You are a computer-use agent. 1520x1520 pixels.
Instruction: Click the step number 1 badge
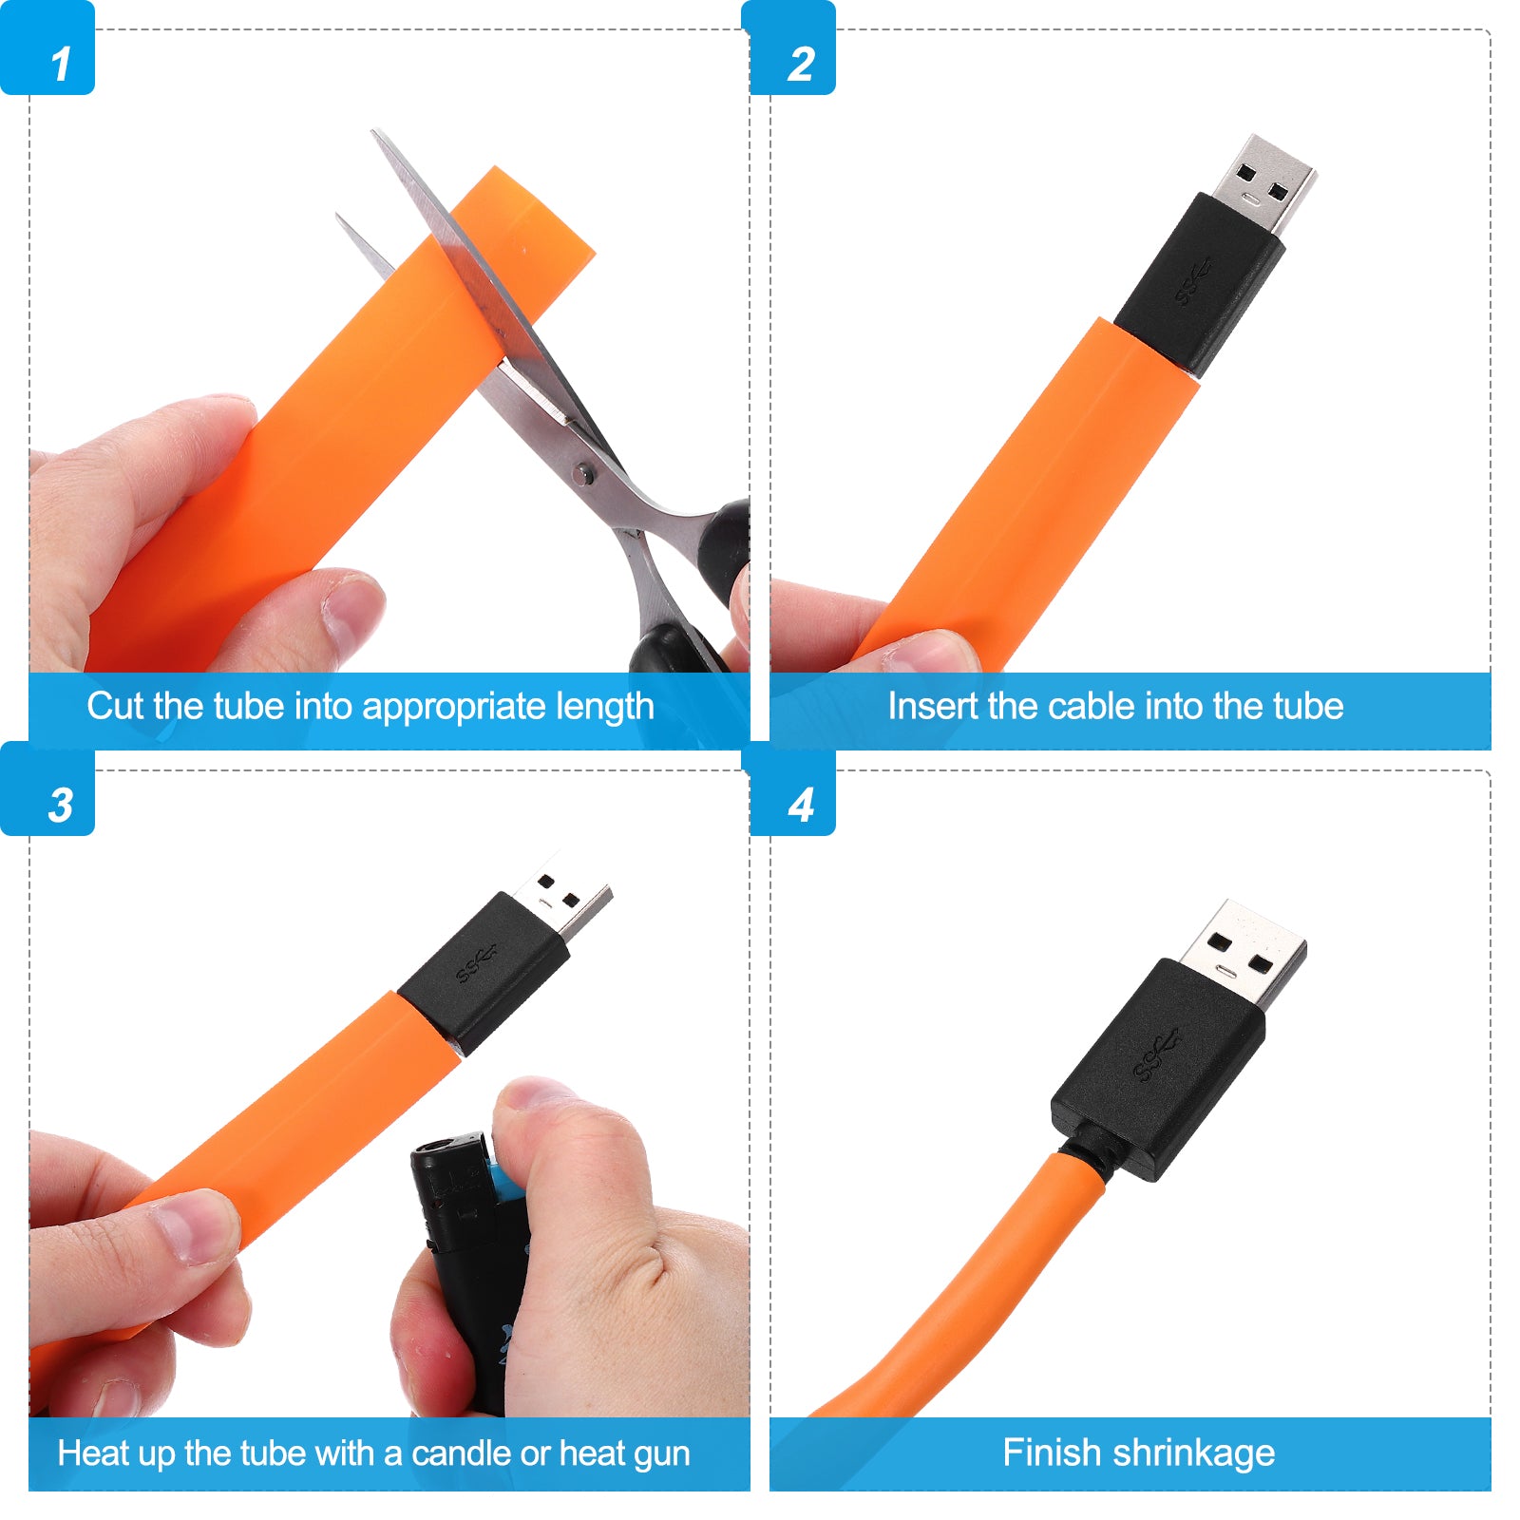[x=47, y=47]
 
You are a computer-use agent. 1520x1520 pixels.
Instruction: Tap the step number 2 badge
[x=792, y=47]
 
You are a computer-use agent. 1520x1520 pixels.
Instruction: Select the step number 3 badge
[x=47, y=788]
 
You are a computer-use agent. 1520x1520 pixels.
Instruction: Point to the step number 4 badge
[x=792, y=788]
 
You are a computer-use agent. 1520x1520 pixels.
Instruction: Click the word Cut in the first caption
[x=115, y=706]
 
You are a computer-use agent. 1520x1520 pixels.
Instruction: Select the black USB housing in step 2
[x=1200, y=284]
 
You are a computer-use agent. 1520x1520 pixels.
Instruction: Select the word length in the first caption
[x=605, y=707]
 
